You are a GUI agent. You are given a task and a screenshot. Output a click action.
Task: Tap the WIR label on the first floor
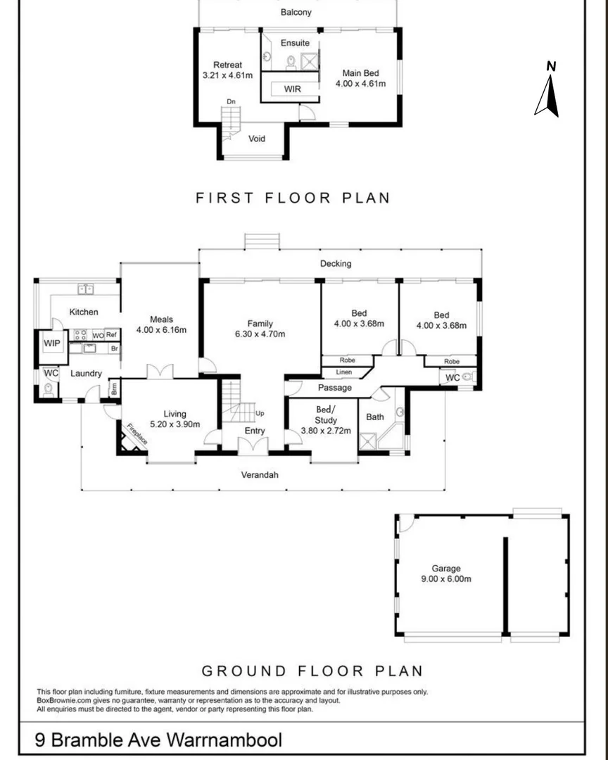point(293,89)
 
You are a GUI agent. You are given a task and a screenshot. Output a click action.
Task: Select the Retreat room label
point(227,65)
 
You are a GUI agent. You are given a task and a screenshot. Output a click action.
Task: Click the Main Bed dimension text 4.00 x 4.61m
point(360,84)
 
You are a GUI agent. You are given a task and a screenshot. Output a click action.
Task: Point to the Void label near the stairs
point(258,139)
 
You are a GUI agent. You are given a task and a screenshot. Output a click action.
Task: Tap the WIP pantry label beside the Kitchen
point(52,343)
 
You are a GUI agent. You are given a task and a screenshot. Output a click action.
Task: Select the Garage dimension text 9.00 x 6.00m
point(446,579)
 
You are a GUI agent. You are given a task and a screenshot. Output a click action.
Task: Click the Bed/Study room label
point(325,415)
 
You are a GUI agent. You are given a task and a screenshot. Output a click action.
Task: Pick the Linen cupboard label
point(344,372)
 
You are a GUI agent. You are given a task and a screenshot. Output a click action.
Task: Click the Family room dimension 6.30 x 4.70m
point(260,334)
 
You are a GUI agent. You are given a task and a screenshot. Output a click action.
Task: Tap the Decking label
point(335,264)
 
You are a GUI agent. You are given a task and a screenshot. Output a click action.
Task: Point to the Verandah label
point(260,475)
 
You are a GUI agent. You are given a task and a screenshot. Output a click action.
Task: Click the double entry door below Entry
point(253,445)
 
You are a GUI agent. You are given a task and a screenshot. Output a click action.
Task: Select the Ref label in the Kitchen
point(111,335)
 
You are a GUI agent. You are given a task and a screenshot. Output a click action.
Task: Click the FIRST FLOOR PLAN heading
point(292,198)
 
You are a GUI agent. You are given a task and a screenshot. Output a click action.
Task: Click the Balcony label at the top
point(296,13)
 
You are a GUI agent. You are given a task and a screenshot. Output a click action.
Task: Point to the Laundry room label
point(85,374)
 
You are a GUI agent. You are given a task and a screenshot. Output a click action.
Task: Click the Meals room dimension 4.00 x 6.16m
point(161,329)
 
